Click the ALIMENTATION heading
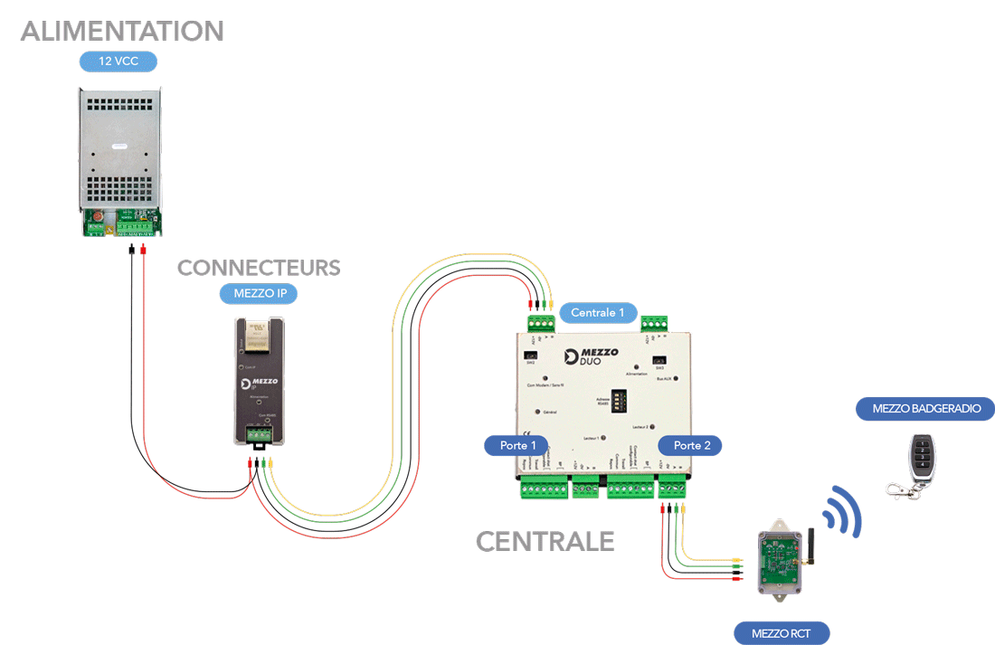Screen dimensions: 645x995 (x=122, y=31)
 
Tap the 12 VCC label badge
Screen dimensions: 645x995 (x=118, y=62)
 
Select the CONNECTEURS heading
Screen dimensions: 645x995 (x=259, y=268)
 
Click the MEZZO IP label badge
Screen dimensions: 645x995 (x=259, y=294)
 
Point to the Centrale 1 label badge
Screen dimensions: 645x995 (x=598, y=313)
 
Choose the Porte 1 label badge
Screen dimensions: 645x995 (x=518, y=445)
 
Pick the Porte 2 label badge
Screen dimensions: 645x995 (x=691, y=445)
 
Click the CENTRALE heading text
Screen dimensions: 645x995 (x=545, y=542)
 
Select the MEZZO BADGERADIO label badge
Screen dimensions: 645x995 (x=924, y=408)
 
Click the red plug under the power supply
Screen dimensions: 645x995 (x=143, y=249)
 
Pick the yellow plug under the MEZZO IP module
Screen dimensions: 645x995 (x=270, y=463)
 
